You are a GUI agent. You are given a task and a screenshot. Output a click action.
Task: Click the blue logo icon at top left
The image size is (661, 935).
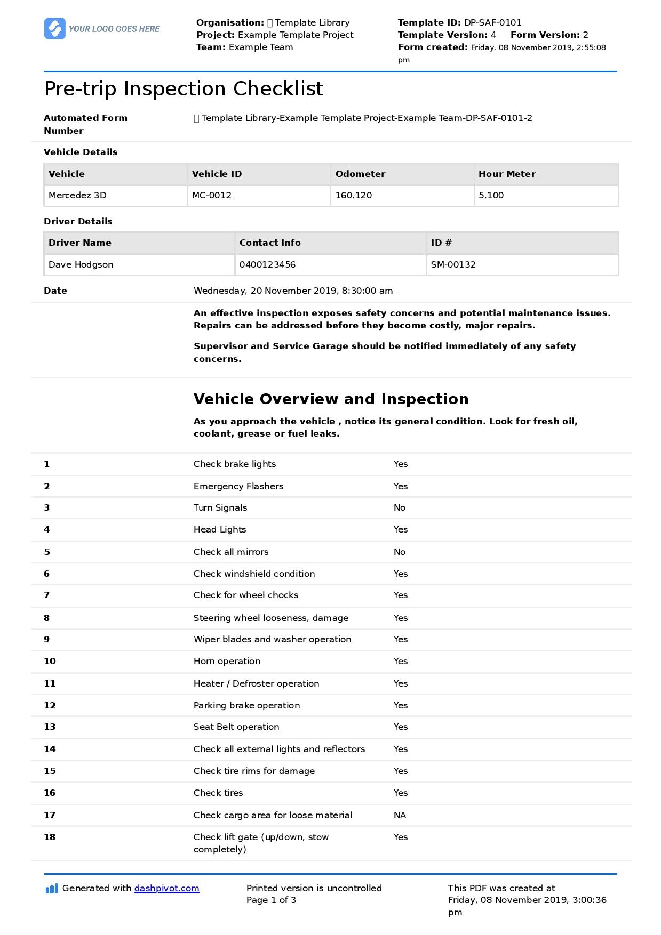[54, 29]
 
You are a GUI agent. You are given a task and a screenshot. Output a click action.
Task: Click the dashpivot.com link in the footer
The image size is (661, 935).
[166, 888]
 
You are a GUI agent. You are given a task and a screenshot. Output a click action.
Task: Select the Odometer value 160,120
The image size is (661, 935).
[354, 195]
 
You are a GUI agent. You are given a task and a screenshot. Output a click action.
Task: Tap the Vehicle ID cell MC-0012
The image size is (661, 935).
[212, 195]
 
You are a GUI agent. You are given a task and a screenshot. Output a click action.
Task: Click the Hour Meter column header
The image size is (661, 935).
[507, 174]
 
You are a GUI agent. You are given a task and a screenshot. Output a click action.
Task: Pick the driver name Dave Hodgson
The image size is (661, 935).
[81, 264]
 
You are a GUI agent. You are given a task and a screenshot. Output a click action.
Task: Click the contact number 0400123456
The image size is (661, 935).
[267, 264]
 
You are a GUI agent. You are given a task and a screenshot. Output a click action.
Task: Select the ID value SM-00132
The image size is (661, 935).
[453, 264]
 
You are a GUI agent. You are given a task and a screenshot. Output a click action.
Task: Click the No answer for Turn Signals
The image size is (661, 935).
[399, 507]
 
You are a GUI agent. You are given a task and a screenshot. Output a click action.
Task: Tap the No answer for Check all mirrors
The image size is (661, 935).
[399, 552]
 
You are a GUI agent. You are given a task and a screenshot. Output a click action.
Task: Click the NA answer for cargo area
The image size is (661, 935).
[400, 815]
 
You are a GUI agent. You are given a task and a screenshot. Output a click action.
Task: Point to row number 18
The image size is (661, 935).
[50, 837]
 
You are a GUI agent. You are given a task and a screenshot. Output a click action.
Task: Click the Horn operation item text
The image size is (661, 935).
[227, 661]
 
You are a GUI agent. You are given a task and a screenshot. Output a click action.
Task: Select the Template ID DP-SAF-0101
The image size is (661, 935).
[492, 22]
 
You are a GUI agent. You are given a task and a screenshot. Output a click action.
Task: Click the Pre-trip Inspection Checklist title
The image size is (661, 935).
[184, 88]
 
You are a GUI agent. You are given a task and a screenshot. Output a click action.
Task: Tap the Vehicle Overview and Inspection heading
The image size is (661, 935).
[331, 399]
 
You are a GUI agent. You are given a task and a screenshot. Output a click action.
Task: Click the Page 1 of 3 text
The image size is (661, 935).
[271, 900]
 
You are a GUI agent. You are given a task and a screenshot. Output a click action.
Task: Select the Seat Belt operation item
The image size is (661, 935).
[236, 727]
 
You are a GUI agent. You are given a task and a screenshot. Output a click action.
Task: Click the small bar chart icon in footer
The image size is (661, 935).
[52, 889]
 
